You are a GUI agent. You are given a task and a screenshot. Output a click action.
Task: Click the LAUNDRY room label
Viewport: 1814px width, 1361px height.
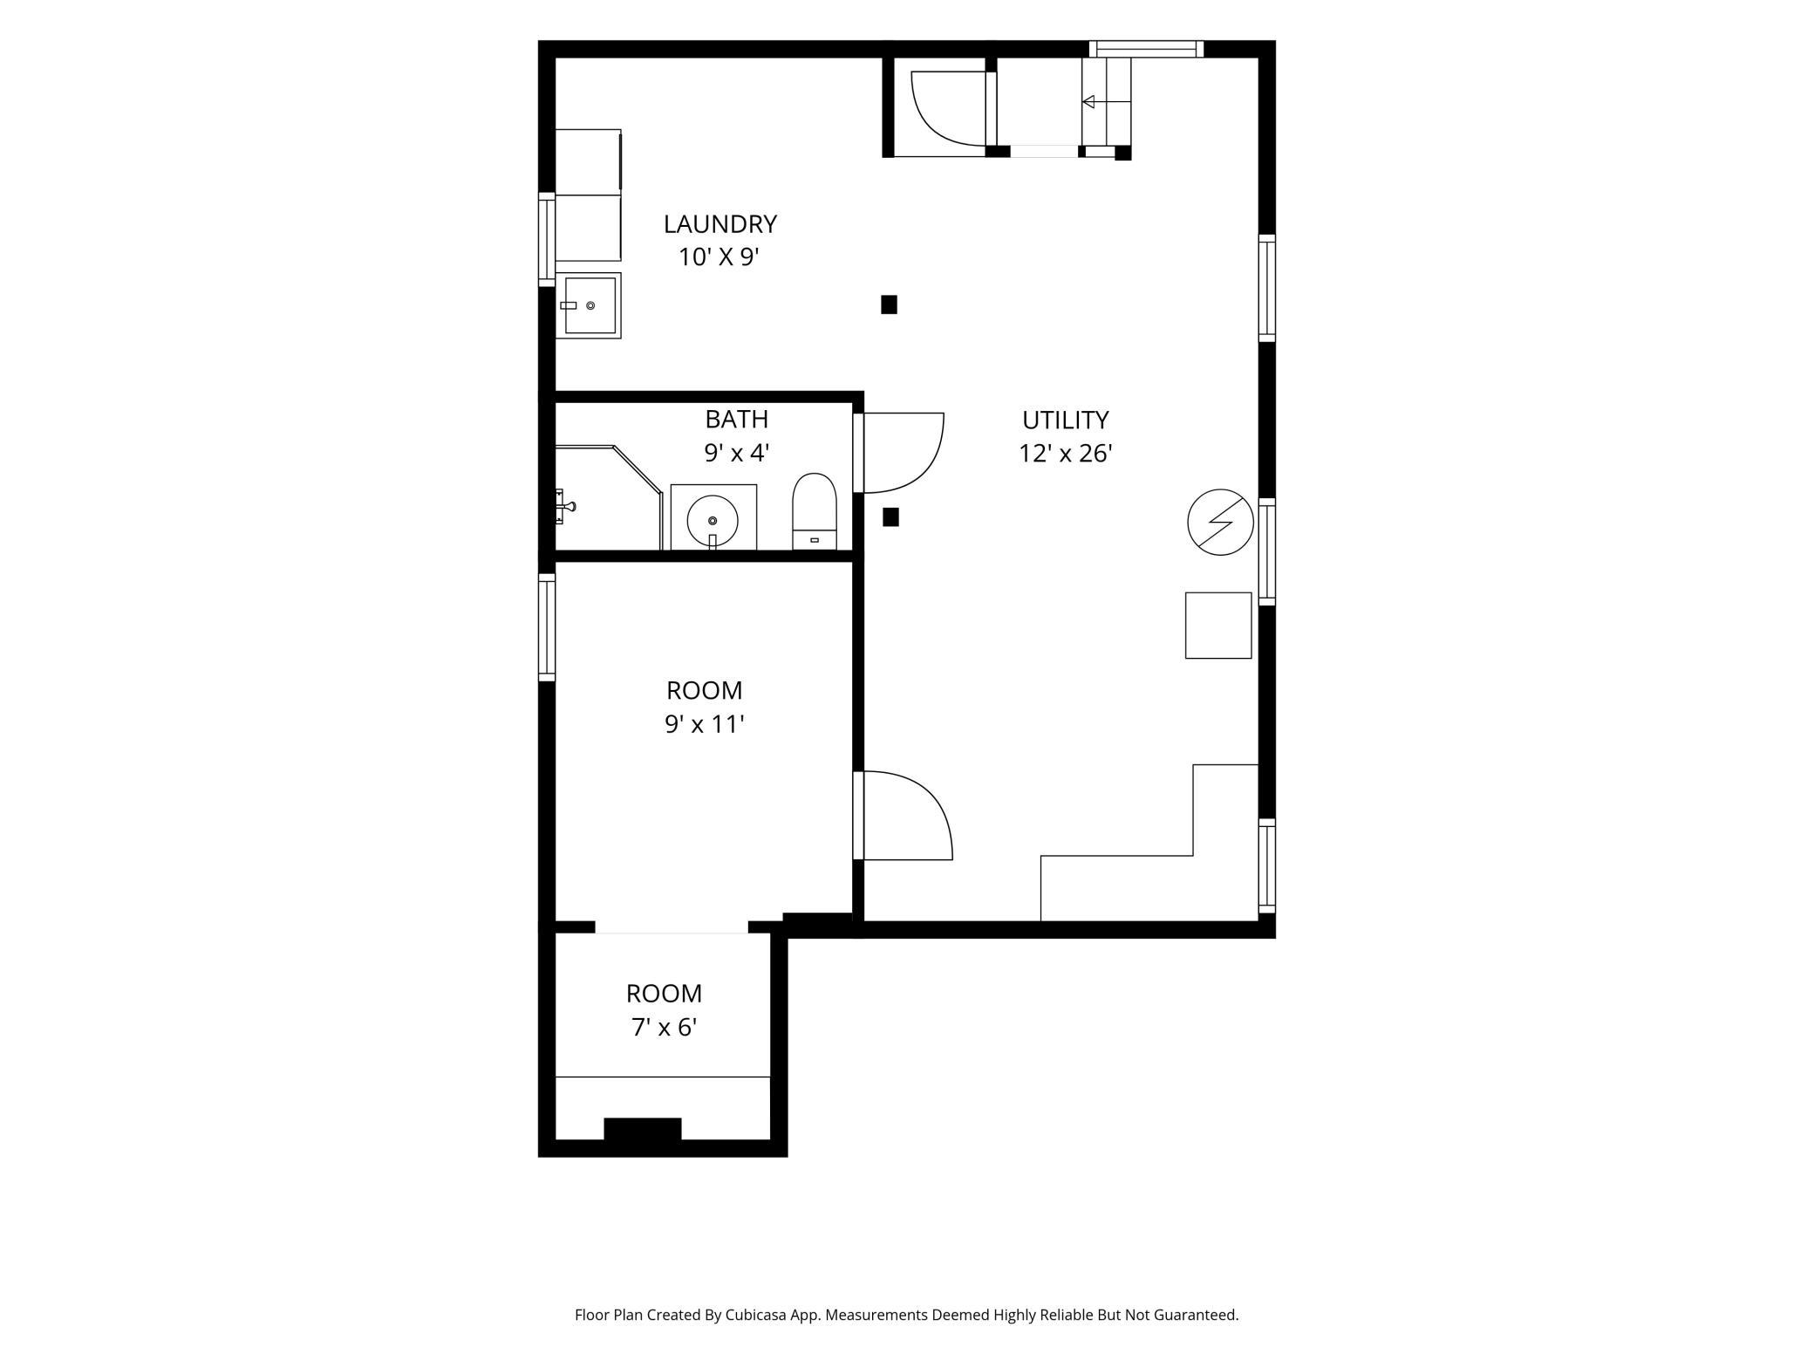719,224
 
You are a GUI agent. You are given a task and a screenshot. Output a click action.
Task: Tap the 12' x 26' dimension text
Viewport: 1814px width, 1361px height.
1065,454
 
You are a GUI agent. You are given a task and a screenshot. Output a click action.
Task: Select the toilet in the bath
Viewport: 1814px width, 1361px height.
814,511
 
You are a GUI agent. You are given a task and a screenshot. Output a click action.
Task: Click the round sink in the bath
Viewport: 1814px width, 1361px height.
713,521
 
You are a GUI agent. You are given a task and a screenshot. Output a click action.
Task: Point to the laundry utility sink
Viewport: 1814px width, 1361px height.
589,305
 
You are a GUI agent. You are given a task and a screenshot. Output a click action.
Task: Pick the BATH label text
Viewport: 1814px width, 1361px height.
737,420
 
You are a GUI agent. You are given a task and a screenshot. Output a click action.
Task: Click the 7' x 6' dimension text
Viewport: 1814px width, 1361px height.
664,1028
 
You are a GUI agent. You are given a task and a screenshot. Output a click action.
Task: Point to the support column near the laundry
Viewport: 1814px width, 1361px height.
889,304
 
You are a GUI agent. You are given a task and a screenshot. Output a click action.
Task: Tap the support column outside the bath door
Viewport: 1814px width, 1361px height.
890,517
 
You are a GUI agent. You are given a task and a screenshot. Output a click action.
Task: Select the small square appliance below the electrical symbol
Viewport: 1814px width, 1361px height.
1218,626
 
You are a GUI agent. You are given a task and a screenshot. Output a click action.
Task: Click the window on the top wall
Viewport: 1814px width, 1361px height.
1146,49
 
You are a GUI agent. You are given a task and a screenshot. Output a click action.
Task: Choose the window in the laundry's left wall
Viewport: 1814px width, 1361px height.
547,239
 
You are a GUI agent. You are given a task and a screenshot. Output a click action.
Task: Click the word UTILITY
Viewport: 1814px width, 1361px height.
1065,421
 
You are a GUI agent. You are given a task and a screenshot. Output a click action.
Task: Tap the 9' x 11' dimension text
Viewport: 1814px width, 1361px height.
704,724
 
